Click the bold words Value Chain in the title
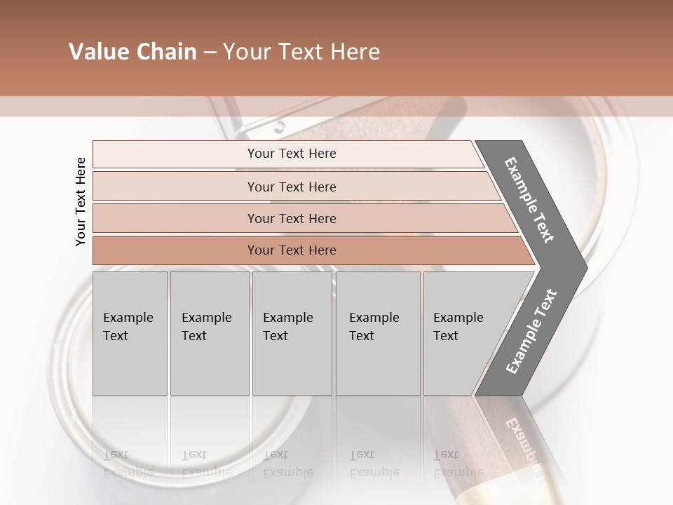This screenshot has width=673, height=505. coord(132,52)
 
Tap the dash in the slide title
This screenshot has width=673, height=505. coord(210,53)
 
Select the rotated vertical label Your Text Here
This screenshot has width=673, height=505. coord(81,201)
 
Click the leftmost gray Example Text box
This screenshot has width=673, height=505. coord(130,358)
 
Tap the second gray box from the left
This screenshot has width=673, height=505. coord(210,358)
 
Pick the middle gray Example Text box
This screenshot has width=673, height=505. coord(292,358)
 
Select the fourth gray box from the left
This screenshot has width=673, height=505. coord(378,358)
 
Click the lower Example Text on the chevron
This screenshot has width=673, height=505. coord(531,332)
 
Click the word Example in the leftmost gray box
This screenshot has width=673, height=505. coord(128,318)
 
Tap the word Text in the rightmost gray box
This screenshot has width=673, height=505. coord(445,336)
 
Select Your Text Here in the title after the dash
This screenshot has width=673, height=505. coord(301,53)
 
